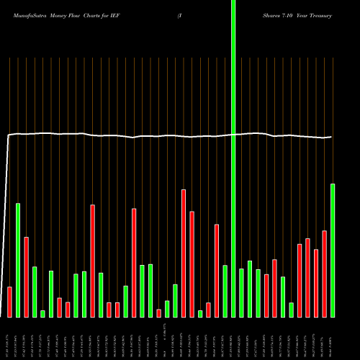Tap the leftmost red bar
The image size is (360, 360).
click(10, 302)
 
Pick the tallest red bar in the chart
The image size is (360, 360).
click(184, 253)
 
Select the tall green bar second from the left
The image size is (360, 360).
click(18, 260)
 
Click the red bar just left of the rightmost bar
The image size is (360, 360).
click(324, 274)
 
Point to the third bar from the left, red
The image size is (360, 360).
click(27, 276)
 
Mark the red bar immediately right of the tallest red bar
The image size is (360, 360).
click(192, 264)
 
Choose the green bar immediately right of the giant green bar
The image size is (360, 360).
click(241, 292)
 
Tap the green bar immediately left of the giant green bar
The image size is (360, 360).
click(225, 291)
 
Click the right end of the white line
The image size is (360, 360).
click(331, 137)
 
